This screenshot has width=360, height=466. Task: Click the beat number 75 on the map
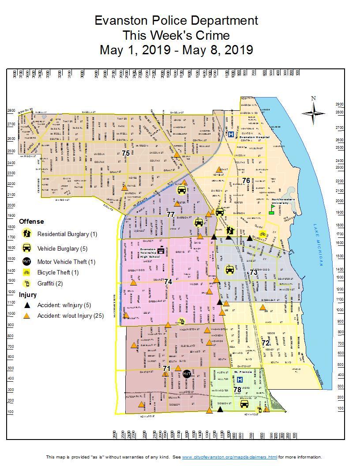pyautogui.click(x=126, y=153)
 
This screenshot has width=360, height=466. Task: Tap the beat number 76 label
pyautogui.click(x=246, y=180)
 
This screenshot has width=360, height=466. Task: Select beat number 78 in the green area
pyautogui.click(x=237, y=390)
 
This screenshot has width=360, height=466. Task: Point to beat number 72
pyautogui.click(x=265, y=343)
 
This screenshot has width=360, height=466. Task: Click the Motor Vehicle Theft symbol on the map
pyautogui.click(x=187, y=374)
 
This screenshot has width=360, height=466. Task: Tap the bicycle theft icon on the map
pyautogui.click(x=262, y=234)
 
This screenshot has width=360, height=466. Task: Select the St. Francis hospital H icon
pyautogui.click(x=240, y=380)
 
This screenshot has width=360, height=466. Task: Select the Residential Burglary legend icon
pyautogui.click(x=27, y=233)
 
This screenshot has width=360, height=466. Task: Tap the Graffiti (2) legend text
pyautogui.click(x=50, y=283)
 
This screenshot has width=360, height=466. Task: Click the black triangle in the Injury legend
pyautogui.click(x=27, y=304)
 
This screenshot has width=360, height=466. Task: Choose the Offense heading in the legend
pyautogui.click(x=31, y=222)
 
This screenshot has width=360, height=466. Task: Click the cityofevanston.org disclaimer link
pyautogui.click(x=229, y=457)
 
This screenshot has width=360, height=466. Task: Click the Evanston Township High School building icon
pyautogui.click(x=160, y=250)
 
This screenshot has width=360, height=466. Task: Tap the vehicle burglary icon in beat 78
pyautogui.click(x=244, y=403)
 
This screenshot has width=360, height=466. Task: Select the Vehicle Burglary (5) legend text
pyautogui.click(x=62, y=248)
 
